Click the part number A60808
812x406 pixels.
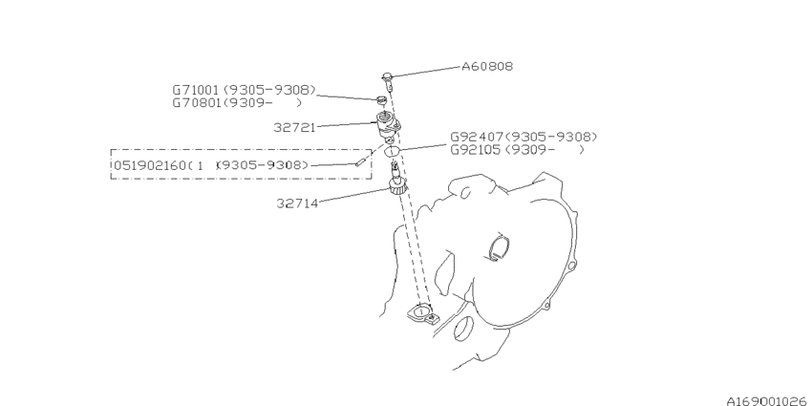[487, 66]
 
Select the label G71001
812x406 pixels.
[196, 90]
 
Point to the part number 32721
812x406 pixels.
[294, 127]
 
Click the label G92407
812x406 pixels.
[477, 138]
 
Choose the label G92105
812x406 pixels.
[476, 150]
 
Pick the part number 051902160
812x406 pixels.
[149, 165]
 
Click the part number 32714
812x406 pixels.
[297, 203]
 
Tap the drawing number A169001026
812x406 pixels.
[768, 401]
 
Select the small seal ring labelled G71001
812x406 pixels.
[382, 100]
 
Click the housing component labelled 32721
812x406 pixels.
[387, 126]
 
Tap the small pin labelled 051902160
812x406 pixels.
[358, 164]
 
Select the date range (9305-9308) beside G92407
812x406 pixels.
[551, 138]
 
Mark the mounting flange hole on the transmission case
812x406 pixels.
[421, 312]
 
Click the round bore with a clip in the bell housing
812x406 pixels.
[500, 248]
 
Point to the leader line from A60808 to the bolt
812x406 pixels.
[427, 72]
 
